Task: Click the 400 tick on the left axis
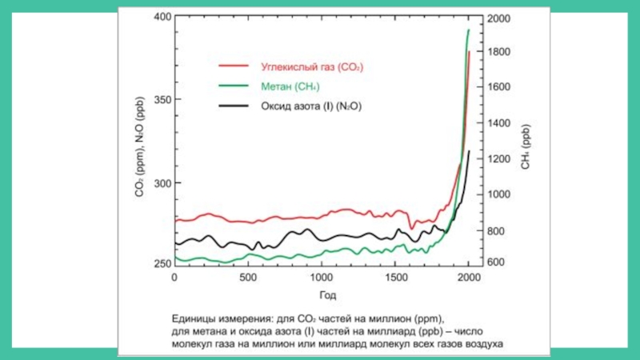[x=161, y=17]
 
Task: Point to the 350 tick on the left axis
[x=161, y=100]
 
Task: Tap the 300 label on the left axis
[x=161, y=183]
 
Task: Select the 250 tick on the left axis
[x=161, y=264]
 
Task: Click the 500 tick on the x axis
[x=247, y=278]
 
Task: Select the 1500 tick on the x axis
[x=395, y=278]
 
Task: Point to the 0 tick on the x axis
[x=174, y=278]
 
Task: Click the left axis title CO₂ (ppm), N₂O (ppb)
[x=139, y=152]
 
